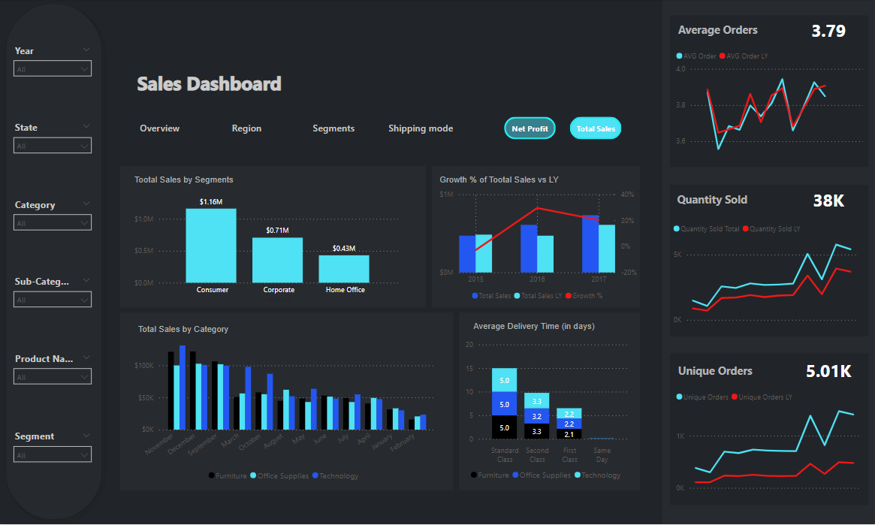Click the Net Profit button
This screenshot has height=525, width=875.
(530, 128)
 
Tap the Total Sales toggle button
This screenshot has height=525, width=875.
(596, 128)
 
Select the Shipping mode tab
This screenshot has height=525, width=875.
(421, 128)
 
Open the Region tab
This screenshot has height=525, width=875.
(246, 128)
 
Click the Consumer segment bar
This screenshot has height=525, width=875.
(211, 245)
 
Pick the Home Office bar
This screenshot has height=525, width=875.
(344, 268)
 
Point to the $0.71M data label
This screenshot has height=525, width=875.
(277, 231)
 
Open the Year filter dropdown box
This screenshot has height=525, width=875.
(53, 69)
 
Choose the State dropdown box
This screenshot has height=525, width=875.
(53, 146)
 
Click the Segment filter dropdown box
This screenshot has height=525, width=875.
(53, 454)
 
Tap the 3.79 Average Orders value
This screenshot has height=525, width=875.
(828, 32)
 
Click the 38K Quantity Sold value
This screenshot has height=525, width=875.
(828, 201)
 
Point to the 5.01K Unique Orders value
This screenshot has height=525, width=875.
(828, 371)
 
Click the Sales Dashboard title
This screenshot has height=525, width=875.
(209, 84)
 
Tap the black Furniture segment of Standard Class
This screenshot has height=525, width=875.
(504, 427)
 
